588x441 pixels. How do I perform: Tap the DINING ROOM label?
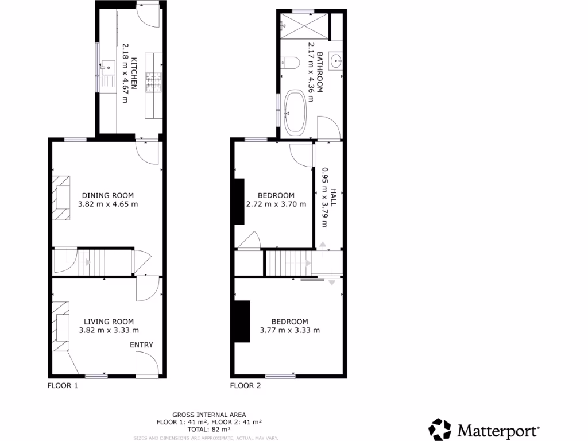pyautogui.click(x=109, y=195)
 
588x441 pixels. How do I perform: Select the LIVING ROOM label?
pyautogui.click(x=109, y=322)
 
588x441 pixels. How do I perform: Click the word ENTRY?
pyautogui.click(x=142, y=345)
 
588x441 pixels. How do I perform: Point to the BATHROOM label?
pyautogui.click(x=320, y=72)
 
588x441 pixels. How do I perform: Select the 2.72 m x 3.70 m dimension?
pyautogui.click(x=276, y=204)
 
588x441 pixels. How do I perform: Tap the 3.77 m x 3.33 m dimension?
pyautogui.click(x=289, y=330)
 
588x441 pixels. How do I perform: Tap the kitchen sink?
pyautogui.click(x=107, y=67)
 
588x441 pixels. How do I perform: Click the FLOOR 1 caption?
pyautogui.click(x=63, y=386)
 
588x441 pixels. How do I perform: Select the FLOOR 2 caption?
pyautogui.click(x=245, y=386)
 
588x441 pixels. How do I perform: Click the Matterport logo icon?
pyautogui.click(x=441, y=430)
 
